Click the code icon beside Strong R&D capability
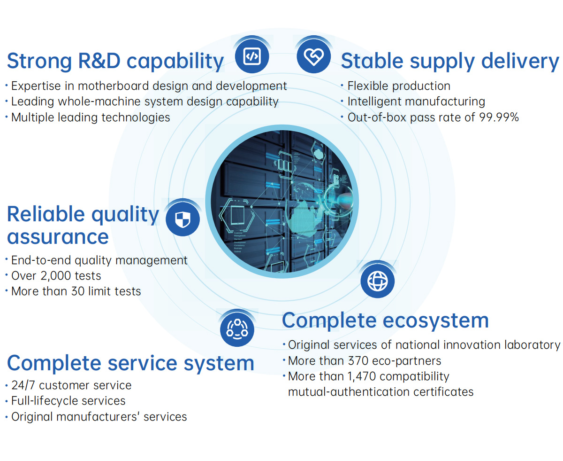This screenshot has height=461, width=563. click(252, 56)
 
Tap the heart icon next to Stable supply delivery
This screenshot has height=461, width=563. click(313, 56)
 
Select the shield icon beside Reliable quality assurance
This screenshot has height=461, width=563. click(183, 219)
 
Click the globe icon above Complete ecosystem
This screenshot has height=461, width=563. click(377, 281)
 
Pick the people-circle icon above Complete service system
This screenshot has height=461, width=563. click(237, 329)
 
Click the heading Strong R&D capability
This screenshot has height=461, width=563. click(115, 62)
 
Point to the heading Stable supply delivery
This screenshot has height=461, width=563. click(450, 62)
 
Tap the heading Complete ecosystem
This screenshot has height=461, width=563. click(385, 320)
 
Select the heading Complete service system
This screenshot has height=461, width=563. click(130, 364)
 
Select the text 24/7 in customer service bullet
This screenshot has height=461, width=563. click(23, 385)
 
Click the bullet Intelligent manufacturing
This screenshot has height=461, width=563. click(416, 102)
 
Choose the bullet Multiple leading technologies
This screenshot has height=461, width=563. click(91, 117)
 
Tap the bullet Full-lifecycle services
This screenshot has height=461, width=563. click(68, 401)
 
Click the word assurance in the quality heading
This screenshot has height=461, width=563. click(58, 237)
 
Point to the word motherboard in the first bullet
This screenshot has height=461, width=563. click(114, 86)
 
